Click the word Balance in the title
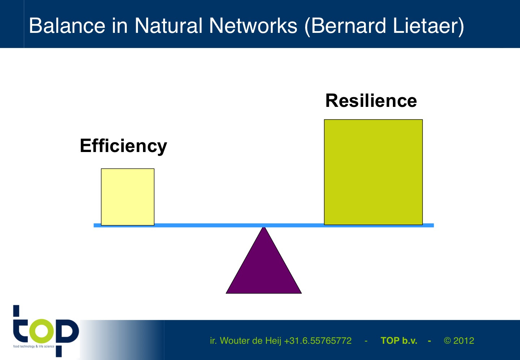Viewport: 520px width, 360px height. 67,26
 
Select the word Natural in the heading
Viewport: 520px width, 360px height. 169,26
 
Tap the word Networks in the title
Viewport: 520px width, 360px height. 253,26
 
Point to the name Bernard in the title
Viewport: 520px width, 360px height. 348,26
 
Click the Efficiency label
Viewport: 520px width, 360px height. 123,146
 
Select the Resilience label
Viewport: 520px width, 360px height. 371,101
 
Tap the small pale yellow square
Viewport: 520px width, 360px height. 128,197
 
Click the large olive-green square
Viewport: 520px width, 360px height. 373,172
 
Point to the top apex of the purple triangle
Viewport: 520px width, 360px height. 264,227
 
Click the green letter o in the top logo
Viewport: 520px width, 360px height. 42,331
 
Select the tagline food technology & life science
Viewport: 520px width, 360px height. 34,346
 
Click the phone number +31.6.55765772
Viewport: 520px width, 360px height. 318,341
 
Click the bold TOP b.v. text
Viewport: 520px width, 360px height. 399,341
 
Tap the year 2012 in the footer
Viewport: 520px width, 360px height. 464,341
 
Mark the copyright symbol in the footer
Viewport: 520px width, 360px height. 447,341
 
